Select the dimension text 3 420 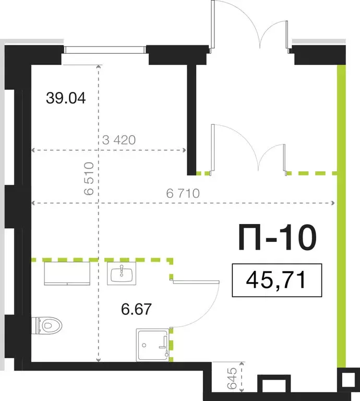pos(119,140)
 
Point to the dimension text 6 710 pos(183,194)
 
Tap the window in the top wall pos(104,50)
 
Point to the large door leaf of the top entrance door pos(213,26)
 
